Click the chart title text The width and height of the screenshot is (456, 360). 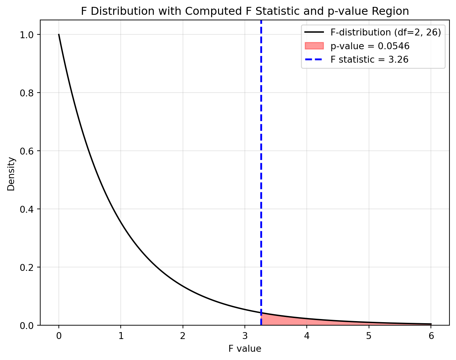(x=245, y=11)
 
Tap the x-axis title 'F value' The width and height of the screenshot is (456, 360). (x=245, y=349)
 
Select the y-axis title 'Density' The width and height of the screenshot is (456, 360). (x=11, y=174)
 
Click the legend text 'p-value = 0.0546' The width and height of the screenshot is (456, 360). (x=370, y=46)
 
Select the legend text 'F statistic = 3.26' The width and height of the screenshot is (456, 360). (x=369, y=60)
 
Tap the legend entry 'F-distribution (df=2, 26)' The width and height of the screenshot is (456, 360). (x=386, y=32)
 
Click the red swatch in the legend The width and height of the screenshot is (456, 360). (x=314, y=46)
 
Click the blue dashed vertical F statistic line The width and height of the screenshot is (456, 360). (x=261, y=172)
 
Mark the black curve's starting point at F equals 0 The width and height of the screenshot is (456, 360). (x=59, y=34)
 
